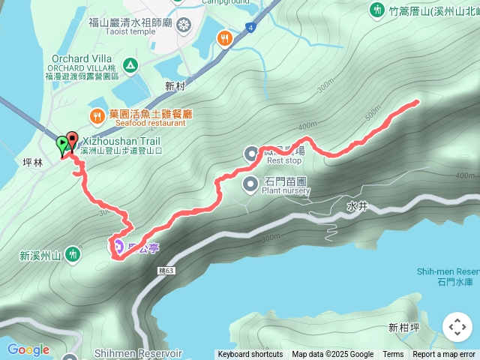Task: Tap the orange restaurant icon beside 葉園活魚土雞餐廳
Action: pyautogui.click(x=97, y=115)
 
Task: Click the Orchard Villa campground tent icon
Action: pyautogui.click(x=131, y=67)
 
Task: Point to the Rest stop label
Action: pyautogui.click(x=284, y=160)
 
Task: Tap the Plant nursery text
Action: pyautogui.click(x=286, y=190)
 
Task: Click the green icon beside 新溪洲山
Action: pyautogui.click(x=72, y=254)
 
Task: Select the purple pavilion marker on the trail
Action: pyautogui.click(x=118, y=244)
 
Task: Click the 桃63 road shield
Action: pyautogui.click(x=166, y=270)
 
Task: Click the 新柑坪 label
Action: pyautogui.click(x=403, y=328)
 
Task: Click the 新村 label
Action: pyautogui.click(x=175, y=86)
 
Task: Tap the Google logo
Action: pyautogui.click(x=28, y=349)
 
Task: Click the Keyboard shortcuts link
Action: pyautogui.click(x=250, y=355)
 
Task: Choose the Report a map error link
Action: pyautogui.click(x=445, y=355)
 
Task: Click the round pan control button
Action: pyautogui.click(x=457, y=327)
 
